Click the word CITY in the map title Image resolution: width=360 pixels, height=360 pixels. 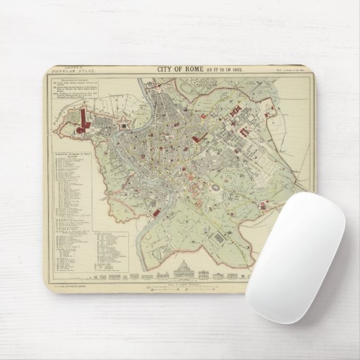167,69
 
